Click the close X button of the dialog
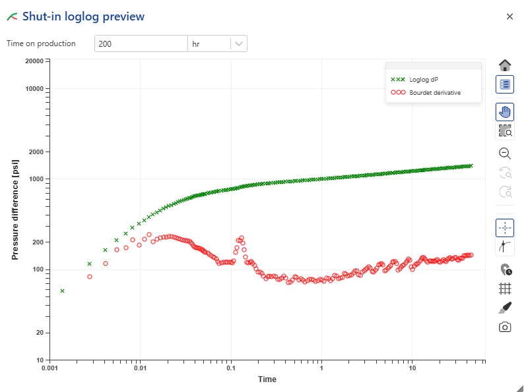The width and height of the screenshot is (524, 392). coord(509,16)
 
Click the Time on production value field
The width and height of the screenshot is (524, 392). coord(141,44)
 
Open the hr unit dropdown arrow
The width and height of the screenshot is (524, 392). coord(239,44)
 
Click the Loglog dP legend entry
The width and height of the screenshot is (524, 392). coord(423,79)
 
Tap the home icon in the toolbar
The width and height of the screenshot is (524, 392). coord(505,65)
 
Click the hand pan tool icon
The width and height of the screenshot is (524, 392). coord(505,112)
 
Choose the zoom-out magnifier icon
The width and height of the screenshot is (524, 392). coord(505,154)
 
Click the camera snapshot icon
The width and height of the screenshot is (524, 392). coord(505,327)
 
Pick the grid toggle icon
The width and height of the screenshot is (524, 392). coord(505,289)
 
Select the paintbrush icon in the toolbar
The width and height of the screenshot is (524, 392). coord(505,308)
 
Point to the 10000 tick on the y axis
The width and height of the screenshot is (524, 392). coord(34,89)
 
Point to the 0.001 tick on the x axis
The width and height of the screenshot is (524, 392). coord(50,368)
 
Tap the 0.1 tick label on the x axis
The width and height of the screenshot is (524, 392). coord(230,368)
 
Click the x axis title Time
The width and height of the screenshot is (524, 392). coord(267,379)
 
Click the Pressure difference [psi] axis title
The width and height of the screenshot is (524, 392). coord(15,210)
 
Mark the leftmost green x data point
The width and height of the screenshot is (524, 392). coord(62,291)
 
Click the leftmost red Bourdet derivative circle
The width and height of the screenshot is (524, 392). coord(90,277)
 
